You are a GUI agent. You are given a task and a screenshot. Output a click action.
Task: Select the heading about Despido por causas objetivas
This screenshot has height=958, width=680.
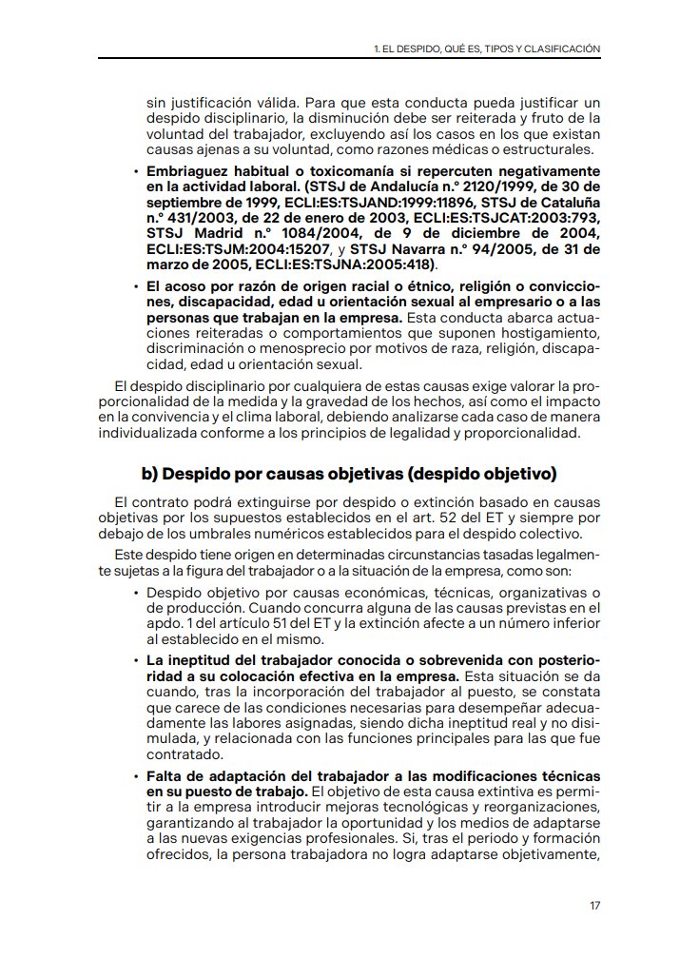click(348, 474)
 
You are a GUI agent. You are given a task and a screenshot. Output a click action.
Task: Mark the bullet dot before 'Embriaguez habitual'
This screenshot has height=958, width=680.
click(136, 172)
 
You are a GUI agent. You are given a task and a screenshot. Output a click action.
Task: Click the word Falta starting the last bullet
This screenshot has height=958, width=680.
click(165, 776)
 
